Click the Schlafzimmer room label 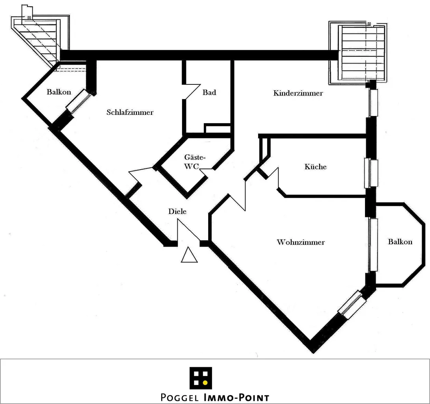[130, 112]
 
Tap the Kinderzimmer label [298, 93]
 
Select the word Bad [209, 92]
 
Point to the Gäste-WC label [194, 162]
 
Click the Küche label [315, 166]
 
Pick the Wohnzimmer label [301, 242]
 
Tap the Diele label [177, 211]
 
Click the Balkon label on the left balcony [59, 92]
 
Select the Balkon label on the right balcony [400, 241]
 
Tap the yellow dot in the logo [205, 382]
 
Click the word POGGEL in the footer [179, 397]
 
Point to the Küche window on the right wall [371, 174]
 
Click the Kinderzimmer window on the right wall [373, 103]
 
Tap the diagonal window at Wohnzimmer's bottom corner [350, 305]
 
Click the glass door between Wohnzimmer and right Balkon [373, 245]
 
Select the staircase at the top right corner [358, 53]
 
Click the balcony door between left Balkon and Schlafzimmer [78, 101]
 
